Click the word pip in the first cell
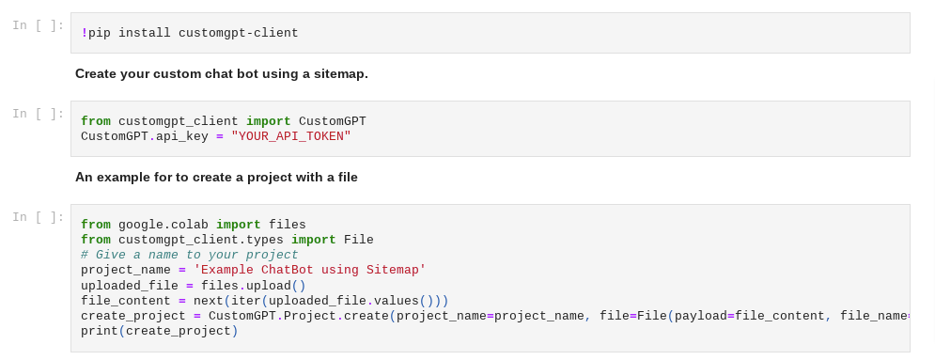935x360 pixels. tap(100, 33)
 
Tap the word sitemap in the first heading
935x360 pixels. tap(337, 73)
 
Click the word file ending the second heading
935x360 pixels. tap(346, 177)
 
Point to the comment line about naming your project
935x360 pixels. tap(189, 255)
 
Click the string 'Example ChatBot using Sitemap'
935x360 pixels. tap(310, 270)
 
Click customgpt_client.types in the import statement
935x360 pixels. tap(201, 240)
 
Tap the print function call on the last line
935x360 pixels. tap(100, 331)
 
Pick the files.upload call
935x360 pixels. tap(246, 286)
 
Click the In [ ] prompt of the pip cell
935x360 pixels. tap(39, 26)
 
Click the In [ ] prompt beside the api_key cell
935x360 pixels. tap(39, 114)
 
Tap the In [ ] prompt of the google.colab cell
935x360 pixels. tap(39, 217)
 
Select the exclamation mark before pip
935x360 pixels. tap(85, 33)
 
